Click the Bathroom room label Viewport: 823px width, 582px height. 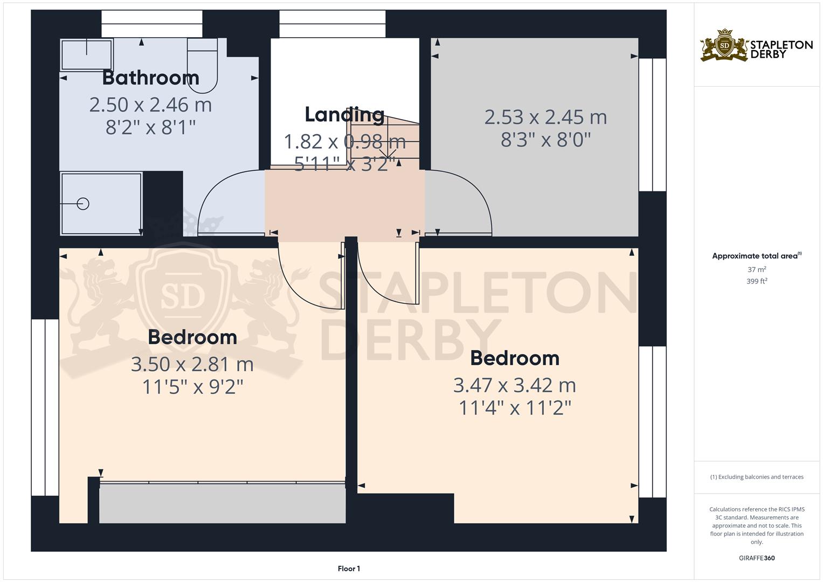coord(150,78)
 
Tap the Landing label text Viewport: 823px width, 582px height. coord(344,115)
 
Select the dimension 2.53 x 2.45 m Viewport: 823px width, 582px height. coord(545,117)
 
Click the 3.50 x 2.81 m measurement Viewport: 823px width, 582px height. coord(192,364)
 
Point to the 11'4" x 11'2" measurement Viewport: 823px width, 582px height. coord(515,408)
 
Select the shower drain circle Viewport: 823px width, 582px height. coord(83,204)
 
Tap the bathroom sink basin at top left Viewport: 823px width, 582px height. coord(87,54)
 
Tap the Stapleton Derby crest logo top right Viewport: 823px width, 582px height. coord(724,46)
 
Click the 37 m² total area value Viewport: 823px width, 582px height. coord(757,269)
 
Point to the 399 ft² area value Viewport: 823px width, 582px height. coord(757,281)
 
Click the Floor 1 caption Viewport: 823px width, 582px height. coord(349,569)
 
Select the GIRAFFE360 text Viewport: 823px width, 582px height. coord(757,558)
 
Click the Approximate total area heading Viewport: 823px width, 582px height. coord(755,256)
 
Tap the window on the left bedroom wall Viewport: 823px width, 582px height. coord(45,407)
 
